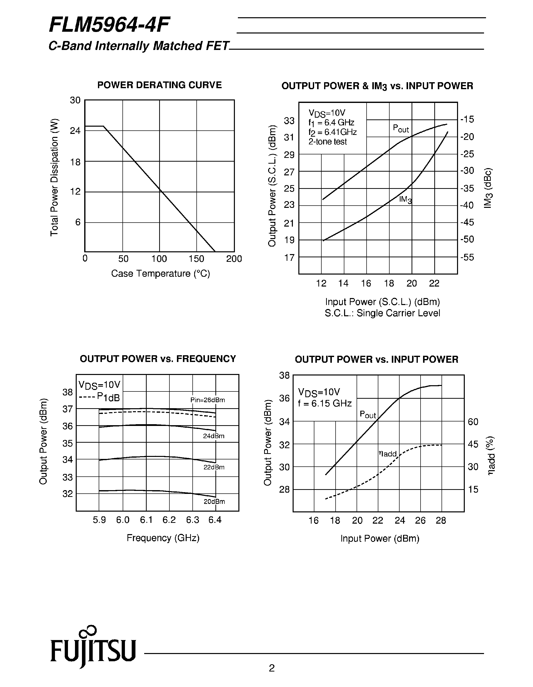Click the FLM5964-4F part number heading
click(109, 25)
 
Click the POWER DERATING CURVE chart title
click(159, 85)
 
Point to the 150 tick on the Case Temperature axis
click(196, 259)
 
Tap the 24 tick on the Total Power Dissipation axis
click(75, 131)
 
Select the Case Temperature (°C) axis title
click(160, 274)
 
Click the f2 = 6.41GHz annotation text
click(332, 132)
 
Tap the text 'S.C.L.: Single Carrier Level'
click(382, 313)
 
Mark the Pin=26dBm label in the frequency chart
click(207, 400)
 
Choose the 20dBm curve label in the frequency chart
click(214, 502)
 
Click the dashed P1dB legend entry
click(99, 397)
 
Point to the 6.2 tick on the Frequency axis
click(169, 520)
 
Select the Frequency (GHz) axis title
click(163, 538)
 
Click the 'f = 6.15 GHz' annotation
click(325, 403)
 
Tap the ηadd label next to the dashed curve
click(388, 454)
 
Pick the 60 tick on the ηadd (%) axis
click(473, 422)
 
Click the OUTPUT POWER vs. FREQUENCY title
click(158, 359)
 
